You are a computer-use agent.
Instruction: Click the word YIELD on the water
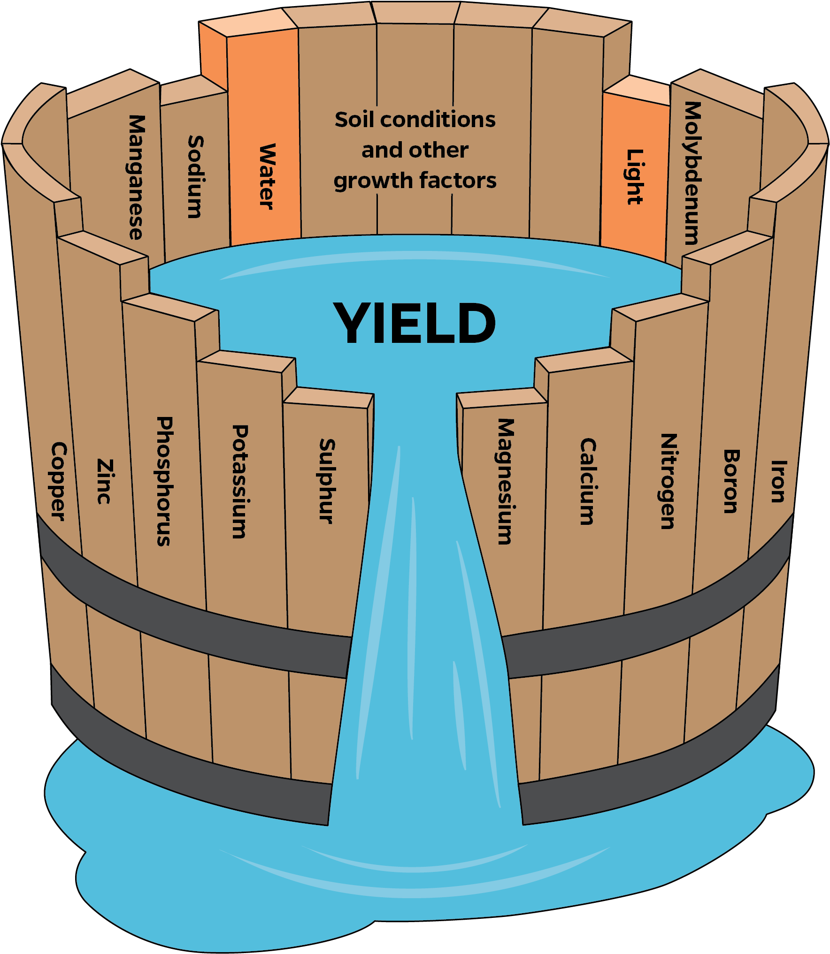(x=415, y=323)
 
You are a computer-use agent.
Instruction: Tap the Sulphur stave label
(x=327, y=481)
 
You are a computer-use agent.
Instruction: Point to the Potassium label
(x=240, y=482)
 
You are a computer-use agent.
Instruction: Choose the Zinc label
(x=105, y=482)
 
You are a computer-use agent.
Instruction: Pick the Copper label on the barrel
(x=59, y=481)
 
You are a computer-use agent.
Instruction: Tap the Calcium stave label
(x=588, y=481)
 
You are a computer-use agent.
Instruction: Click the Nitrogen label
(x=668, y=481)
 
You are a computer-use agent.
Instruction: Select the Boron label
(x=731, y=481)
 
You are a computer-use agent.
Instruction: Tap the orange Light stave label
(x=635, y=177)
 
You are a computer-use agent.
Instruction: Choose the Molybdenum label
(x=692, y=173)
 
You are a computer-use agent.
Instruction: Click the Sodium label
(x=195, y=177)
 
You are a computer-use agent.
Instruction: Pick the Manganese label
(x=136, y=177)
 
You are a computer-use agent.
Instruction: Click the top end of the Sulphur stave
(x=329, y=398)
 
